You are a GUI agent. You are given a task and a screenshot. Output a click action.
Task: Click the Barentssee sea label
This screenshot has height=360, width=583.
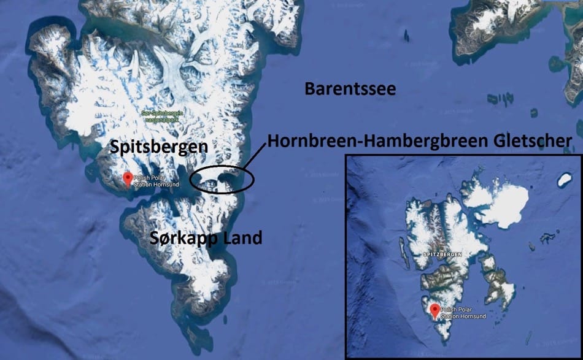pos(350,90)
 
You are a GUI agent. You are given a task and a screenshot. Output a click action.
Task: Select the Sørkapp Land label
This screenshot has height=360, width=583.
pos(206,237)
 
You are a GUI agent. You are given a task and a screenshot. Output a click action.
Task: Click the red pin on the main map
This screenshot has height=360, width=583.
pos(128,178)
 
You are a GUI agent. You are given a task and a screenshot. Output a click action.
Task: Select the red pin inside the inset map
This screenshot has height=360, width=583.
pos(435,310)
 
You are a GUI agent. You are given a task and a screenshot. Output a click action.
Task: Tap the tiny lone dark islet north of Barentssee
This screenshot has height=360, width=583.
pos(406,36)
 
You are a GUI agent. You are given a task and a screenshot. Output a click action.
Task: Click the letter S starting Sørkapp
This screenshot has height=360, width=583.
pos(155,238)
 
